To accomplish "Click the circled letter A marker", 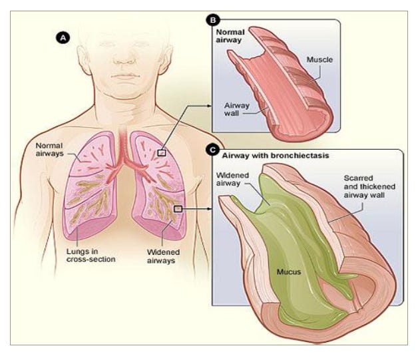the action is [64, 39].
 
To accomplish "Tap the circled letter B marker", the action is [212, 20].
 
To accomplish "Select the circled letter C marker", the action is [212, 151].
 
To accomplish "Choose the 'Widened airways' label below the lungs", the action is [161, 256].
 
